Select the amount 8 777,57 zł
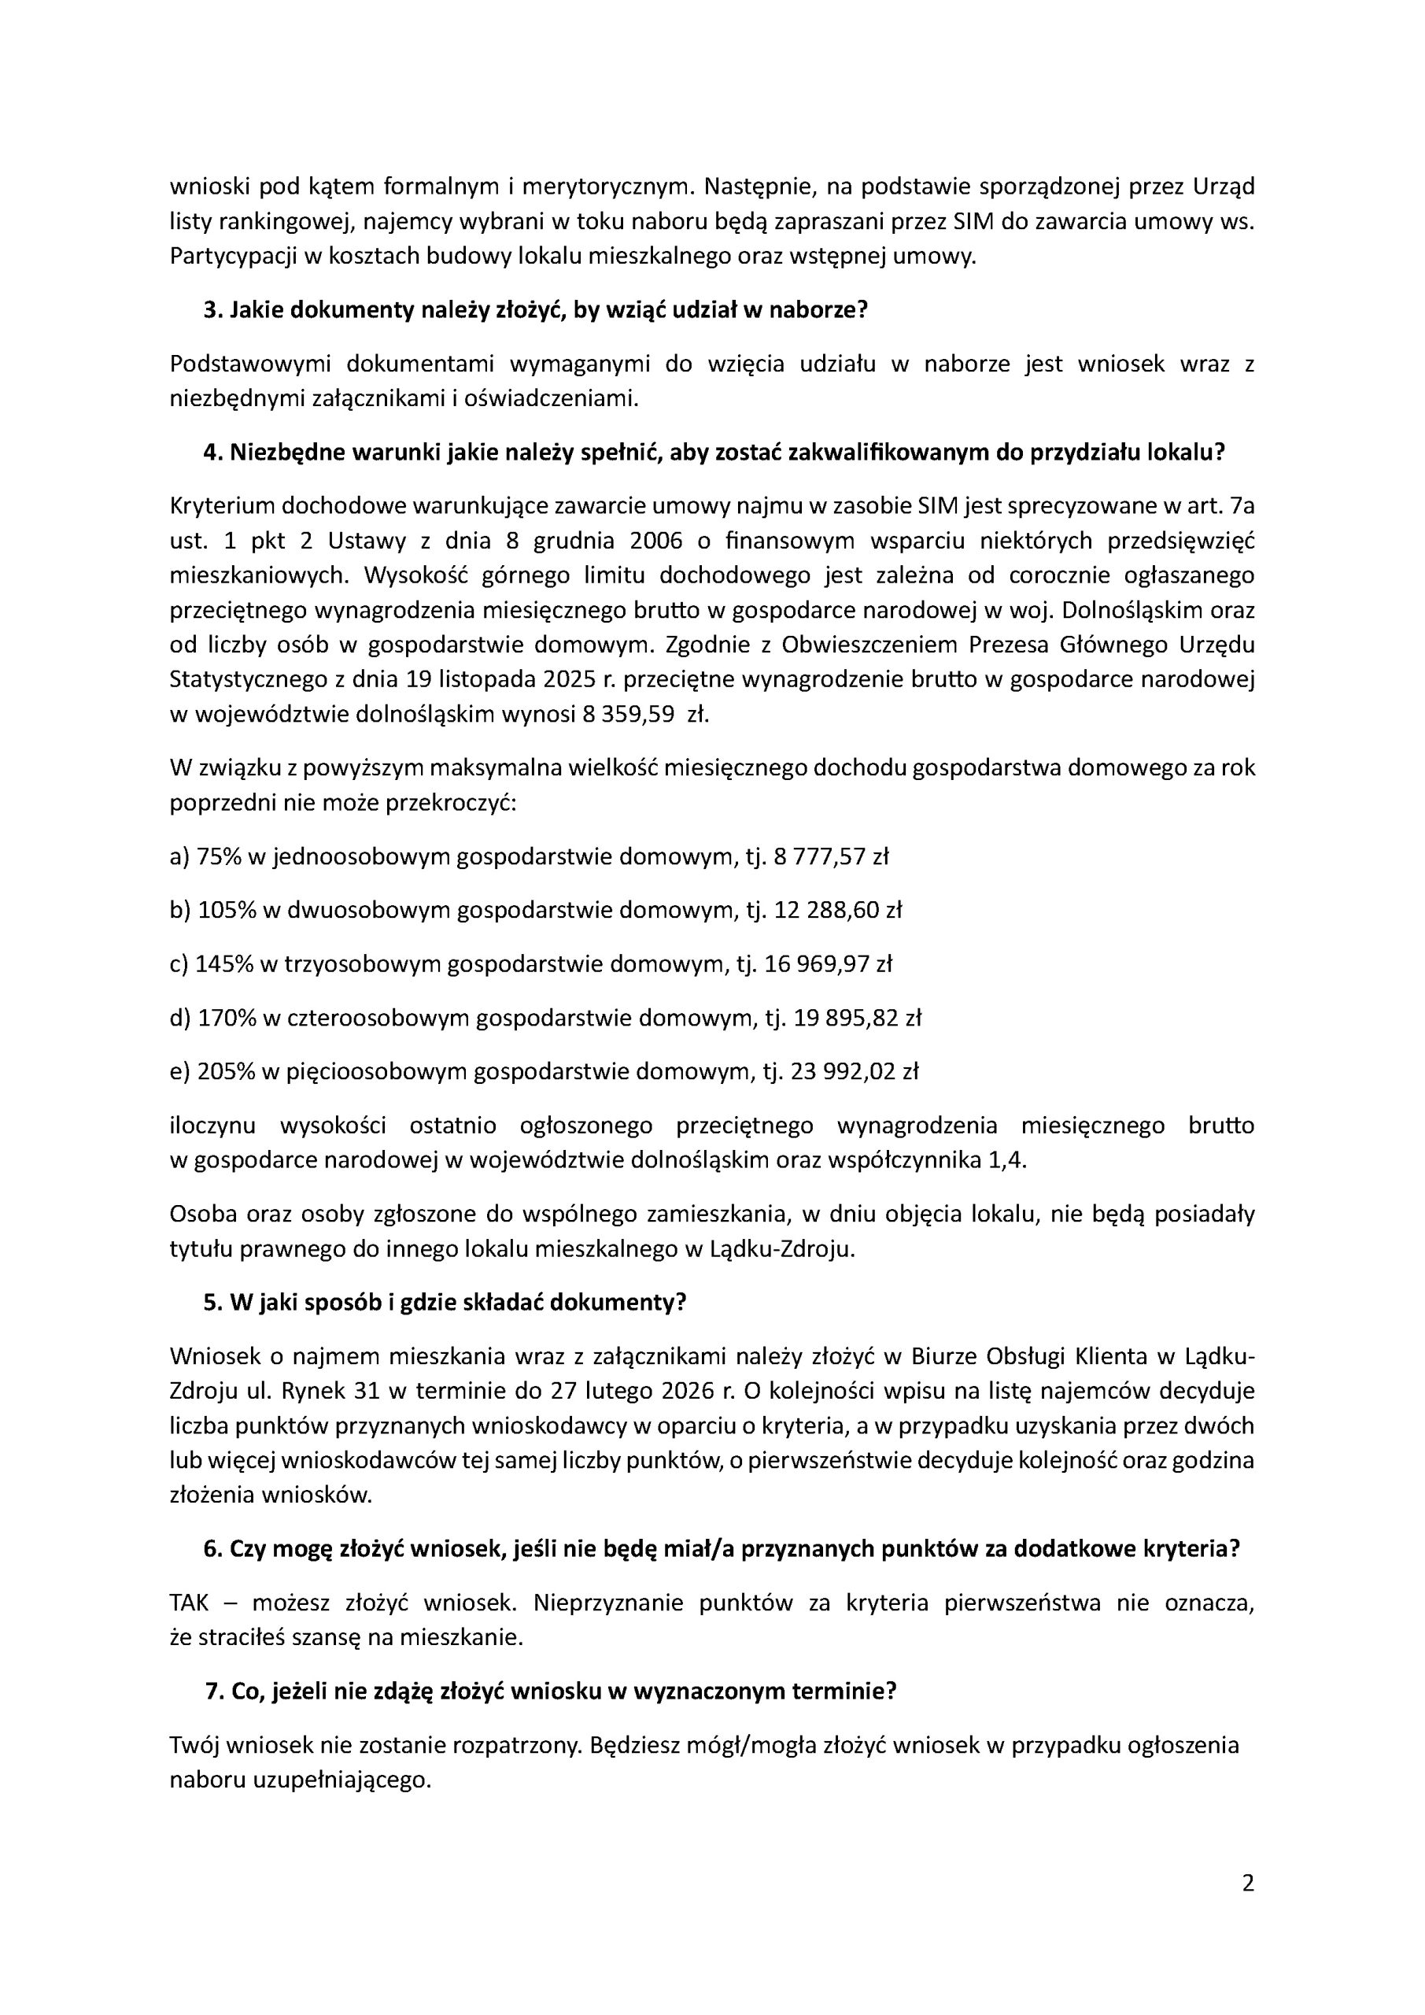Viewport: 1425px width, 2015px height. point(831,856)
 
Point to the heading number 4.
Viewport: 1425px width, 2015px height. point(210,452)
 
